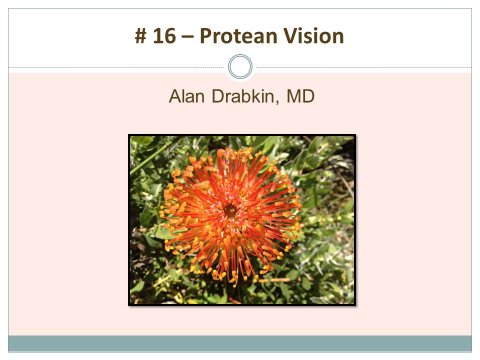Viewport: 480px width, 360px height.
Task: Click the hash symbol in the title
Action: tap(140, 36)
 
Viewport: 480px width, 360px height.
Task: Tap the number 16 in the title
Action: tap(164, 36)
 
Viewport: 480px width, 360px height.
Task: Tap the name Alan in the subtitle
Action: tap(186, 96)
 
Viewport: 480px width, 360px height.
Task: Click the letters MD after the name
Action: tap(300, 96)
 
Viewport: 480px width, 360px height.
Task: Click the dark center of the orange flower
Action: tap(230, 210)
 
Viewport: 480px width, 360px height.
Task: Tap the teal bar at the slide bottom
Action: tap(240, 343)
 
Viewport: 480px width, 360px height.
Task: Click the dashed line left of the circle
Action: tap(116, 67)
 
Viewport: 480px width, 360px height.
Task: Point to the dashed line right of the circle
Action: tap(364, 67)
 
